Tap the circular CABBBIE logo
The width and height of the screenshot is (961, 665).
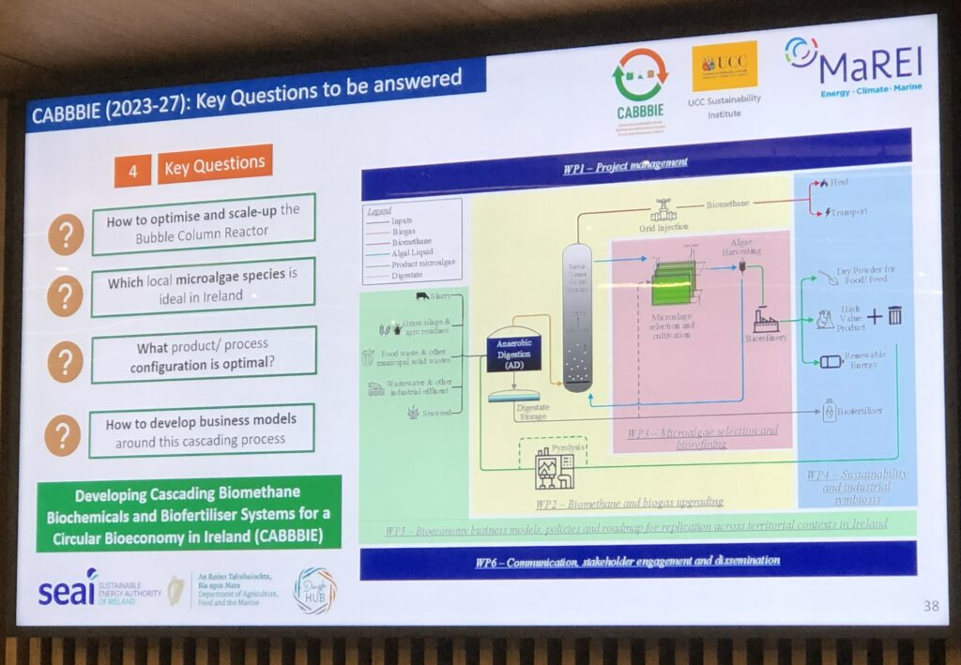639,76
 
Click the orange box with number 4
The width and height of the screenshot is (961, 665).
133,171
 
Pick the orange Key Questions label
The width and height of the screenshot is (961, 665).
214,165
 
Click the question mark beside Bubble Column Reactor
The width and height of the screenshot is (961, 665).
66,233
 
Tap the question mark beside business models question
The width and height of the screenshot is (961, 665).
62,435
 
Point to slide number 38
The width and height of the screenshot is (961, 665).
930,606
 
